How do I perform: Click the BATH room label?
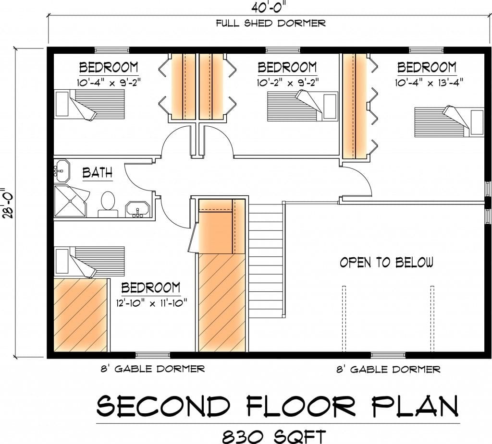coord(97,173)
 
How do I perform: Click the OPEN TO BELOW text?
coord(386,262)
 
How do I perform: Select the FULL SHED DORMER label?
coord(271,23)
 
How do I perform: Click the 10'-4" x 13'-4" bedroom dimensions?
coord(429,83)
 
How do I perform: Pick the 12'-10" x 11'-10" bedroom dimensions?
coord(151,303)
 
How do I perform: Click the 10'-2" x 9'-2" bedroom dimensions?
coord(288,83)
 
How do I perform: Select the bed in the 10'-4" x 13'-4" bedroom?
coord(449,121)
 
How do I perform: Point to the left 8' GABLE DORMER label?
coord(152,369)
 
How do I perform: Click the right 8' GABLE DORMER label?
coord(388,370)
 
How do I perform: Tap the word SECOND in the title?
coord(163,406)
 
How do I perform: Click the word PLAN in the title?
coord(415,406)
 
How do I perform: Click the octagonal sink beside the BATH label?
coord(62,171)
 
